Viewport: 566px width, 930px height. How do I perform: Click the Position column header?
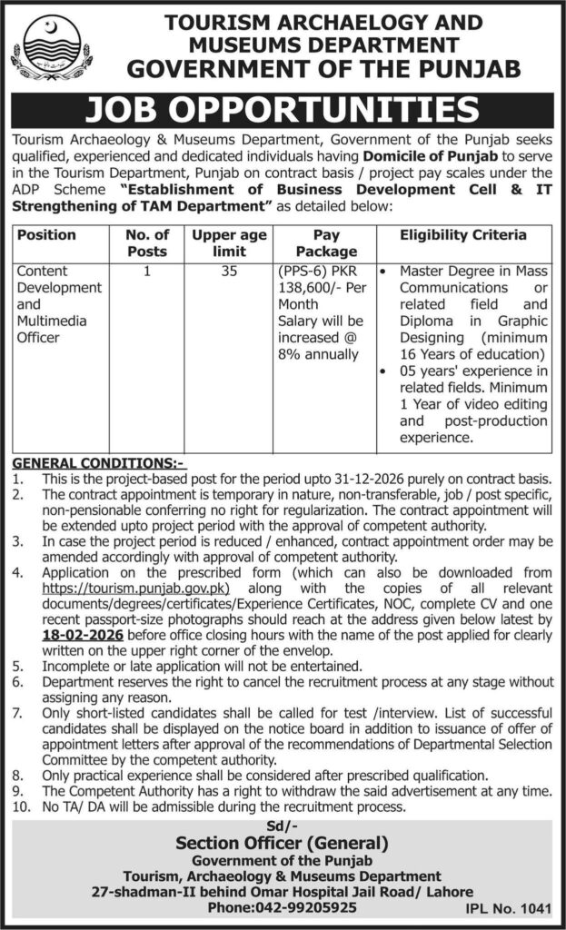47,234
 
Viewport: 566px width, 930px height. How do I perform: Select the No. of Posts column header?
147,242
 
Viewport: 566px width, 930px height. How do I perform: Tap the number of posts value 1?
147,271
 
